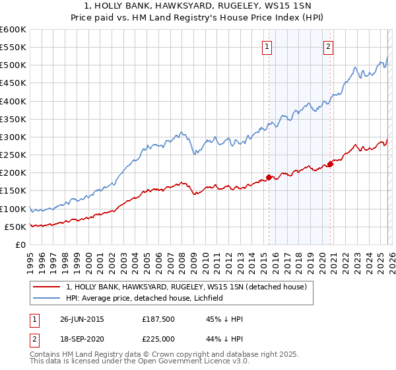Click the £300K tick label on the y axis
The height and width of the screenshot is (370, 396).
tap(13, 137)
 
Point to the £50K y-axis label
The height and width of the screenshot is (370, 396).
tap(15, 227)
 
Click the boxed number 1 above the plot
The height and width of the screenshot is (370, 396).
tap(267, 46)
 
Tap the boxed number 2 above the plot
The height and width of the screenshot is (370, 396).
tap(328, 46)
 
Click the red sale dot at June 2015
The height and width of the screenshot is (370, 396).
tap(269, 177)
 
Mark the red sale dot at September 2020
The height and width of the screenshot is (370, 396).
tap(330, 164)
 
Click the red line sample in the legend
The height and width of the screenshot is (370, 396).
tap(46, 287)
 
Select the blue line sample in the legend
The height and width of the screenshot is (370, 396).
tap(46, 298)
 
